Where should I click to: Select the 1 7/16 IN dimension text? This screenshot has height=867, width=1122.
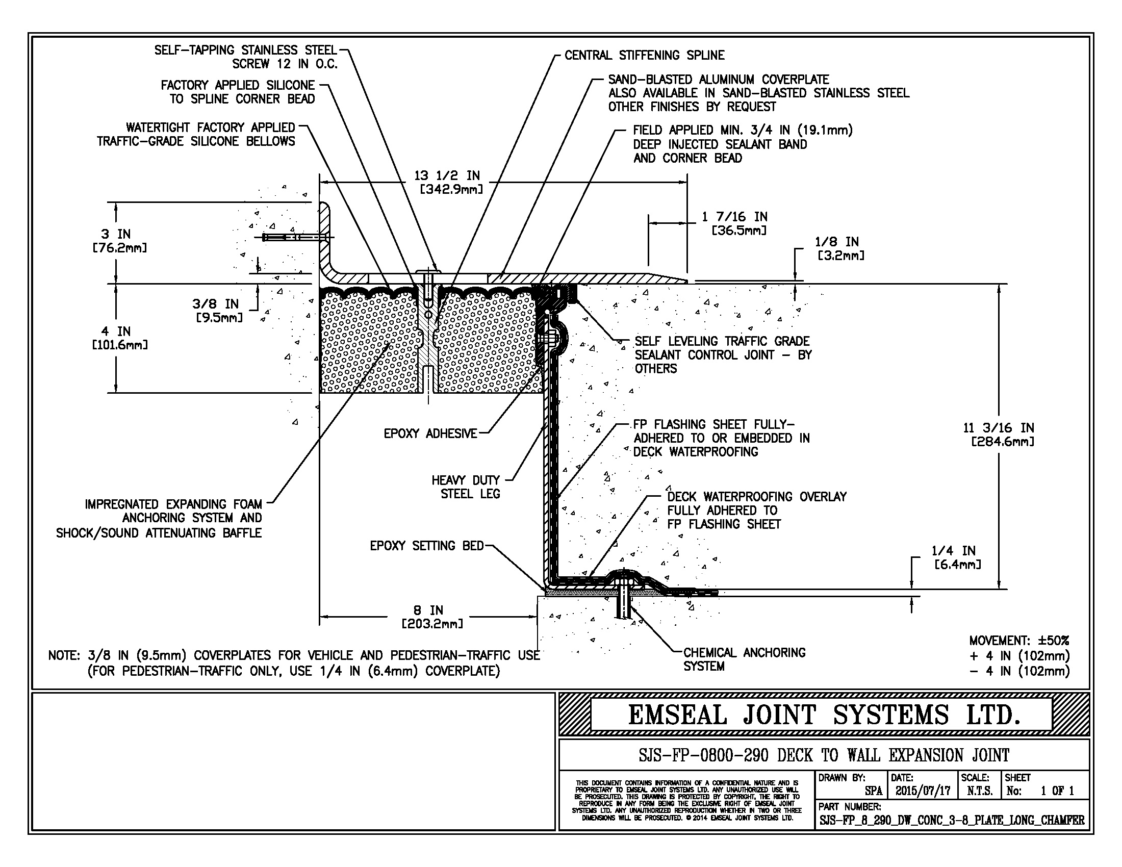coord(734,217)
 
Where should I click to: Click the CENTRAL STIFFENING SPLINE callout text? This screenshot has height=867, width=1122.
coord(644,56)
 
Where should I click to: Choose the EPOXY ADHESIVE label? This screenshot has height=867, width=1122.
coord(430,434)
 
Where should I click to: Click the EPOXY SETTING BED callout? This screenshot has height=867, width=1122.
coord(426,546)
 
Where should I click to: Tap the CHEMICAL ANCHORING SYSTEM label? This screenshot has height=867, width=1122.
coord(744,659)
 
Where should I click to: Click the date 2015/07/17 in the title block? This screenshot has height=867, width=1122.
coord(923,791)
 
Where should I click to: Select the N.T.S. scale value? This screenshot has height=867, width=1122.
coord(979,791)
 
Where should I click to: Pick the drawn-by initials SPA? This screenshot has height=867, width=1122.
coord(873,791)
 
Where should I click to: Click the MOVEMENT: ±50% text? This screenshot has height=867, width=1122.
coord(1019,641)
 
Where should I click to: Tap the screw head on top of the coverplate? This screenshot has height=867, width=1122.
coord(428,271)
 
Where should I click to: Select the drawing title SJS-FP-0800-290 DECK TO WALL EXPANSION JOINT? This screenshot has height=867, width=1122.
coord(824,755)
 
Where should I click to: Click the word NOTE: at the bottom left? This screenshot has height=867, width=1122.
coord(64,656)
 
